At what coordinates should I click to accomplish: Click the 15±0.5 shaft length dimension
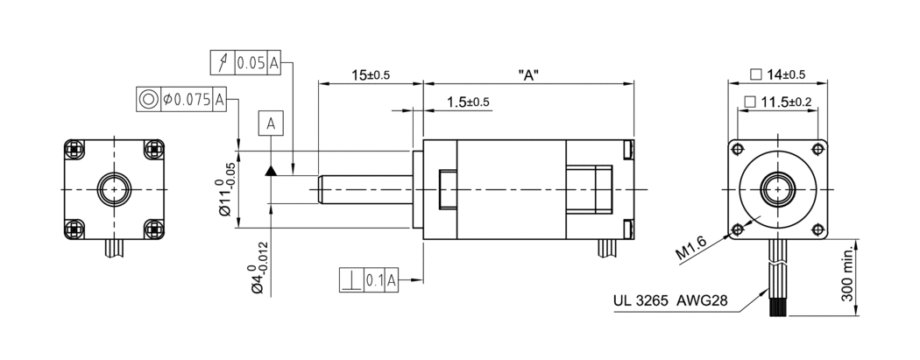click(371, 75)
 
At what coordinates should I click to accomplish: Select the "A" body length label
click(527, 75)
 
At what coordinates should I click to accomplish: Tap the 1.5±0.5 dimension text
click(467, 102)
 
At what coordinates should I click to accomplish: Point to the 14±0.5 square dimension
click(777, 74)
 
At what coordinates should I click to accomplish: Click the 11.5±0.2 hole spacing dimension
click(778, 102)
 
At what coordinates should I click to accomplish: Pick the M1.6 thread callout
click(693, 248)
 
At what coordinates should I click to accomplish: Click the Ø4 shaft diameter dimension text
click(257, 271)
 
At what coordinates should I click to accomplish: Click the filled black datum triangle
click(271, 170)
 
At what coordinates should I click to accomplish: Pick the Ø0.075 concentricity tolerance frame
click(184, 99)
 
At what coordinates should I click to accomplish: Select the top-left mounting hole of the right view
click(737, 147)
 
